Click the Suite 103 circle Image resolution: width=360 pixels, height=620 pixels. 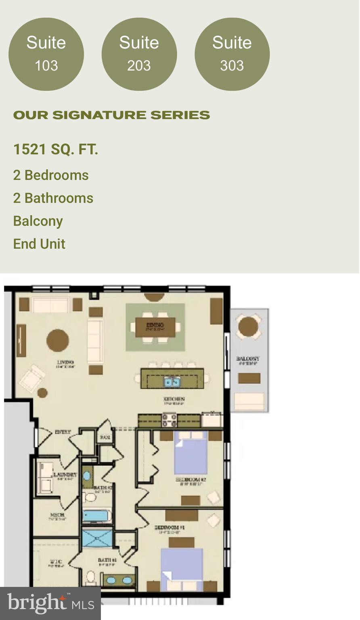(x=46, y=54)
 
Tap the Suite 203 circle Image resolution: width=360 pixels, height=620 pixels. (x=139, y=54)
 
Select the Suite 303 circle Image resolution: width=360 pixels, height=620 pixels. (x=232, y=54)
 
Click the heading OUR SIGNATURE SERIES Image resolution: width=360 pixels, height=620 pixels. (x=111, y=115)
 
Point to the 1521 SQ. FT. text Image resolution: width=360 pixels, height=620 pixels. (x=56, y=149)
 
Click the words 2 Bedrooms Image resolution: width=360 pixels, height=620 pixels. (x=51, y=175)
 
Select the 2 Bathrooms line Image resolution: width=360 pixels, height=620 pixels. (x=53, y=198)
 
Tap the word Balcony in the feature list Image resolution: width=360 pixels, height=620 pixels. (x=38, y=221)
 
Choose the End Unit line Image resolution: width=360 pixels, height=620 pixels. (x=39, y=244)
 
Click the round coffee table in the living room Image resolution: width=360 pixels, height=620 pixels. (x=58, y=340)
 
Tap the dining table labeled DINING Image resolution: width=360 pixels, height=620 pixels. (x=155, y=327)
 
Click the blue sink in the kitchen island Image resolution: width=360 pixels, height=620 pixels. (x=172, y=381)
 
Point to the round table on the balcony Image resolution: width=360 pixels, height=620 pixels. (x=248, y=327)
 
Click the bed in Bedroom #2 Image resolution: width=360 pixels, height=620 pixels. (x=190, y=452)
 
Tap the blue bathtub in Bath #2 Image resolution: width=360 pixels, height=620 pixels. (x=97, y=515)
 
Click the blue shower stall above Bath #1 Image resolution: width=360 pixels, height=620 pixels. (x=97, y=538)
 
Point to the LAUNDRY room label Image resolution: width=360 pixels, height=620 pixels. (x=65, y=475)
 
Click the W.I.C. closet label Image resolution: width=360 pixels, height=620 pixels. (x=56, y=561)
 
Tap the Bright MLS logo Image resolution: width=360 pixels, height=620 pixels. (x=50, y=603)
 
